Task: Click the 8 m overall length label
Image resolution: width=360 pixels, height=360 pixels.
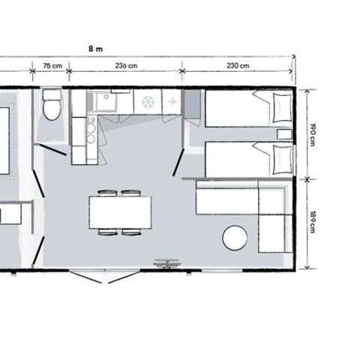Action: click(96, 49)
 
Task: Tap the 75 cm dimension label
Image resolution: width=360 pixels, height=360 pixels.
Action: click(52, 66)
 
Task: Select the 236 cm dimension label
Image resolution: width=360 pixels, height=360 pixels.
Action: click(126, 66)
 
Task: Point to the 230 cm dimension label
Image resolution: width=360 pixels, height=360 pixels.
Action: click(238, 66)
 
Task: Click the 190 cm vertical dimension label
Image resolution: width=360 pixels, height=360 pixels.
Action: click(312, 134)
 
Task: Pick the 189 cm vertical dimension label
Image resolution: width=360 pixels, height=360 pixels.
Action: click(312, 222)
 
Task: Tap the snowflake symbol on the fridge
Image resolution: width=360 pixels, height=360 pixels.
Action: click(148, 102)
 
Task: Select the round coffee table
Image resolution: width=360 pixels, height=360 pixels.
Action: click(235, 238)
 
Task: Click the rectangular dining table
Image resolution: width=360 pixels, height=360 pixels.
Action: click(120, 212)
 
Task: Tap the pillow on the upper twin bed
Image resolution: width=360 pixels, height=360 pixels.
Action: click(282, 108)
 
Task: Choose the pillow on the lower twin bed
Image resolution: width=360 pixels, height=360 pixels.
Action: click(282, 160)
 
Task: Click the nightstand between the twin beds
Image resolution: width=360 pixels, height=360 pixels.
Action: click(284, 134)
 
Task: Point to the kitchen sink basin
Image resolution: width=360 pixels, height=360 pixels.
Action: click(106, 102)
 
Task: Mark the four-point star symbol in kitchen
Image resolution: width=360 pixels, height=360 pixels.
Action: click(172, 102)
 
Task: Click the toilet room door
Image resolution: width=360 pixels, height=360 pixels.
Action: click(54, 150)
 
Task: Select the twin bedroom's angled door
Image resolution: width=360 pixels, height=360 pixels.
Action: click(178, 162)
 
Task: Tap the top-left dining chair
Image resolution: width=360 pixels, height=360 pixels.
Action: click(108, 193)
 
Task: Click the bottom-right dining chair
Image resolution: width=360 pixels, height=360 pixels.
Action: click(131, 232)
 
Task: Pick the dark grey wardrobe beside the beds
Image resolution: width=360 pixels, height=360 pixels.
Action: click(193, 104)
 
